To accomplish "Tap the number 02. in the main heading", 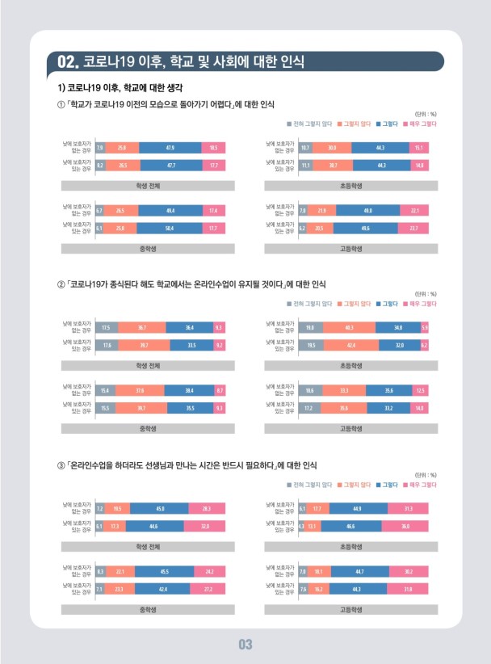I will [67, 61].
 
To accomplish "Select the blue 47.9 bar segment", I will [170, 148].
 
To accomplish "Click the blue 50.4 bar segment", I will [170, 229].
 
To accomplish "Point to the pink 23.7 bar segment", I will [413, 229].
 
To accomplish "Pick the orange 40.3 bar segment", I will [350, 327].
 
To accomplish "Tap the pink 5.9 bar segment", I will [425, 327].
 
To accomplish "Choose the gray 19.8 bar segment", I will [311, 327].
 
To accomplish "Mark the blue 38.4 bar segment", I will [189, 390].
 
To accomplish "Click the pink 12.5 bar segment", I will [419, 390].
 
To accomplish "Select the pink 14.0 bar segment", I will [418, 409].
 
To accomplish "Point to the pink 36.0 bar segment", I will [405, 526].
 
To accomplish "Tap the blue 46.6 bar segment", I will [350, 526].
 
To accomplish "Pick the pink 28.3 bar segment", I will [207, 508].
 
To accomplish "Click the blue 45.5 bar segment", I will [164, 571].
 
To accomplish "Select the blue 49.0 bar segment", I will [367, 211].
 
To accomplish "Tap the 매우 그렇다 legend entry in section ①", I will [420, 123].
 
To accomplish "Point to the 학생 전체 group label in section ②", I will [149, 365].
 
